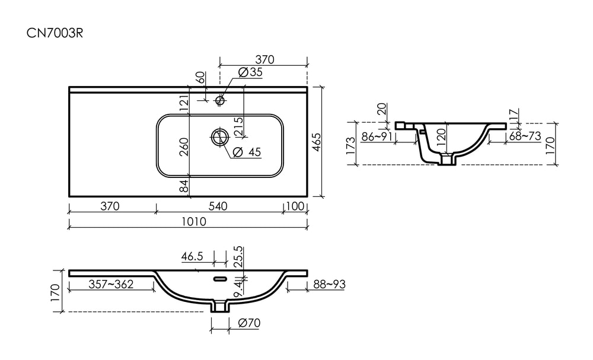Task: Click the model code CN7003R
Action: click(x=55, y=33)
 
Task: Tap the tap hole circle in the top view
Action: click(x=220, y=100)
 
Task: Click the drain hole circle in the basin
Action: click(x=220, y=137)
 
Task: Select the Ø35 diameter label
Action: click(x=250, y=72)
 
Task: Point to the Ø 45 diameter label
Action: click(x=247, y=152)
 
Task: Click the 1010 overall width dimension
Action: click(x=194, y=221)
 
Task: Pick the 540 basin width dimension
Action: click(x=218, y=206)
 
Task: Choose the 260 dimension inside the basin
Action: click(x=184, y=146)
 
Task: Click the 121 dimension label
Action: click(x=184, y=103)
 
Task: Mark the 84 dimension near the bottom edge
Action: click(x=184, y=186)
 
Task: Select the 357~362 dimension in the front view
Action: click(x=111, y=284)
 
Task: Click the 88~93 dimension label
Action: click(x=329, y=284)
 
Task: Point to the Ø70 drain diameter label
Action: click(x=250, y=323)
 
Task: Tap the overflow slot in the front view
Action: click(x=221, y=279)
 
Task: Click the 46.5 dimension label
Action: click(x=192, y=256)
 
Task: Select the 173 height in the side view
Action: click(x=350, y=145)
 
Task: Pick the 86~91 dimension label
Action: click(x=377, y=136)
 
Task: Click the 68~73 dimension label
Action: click(x=525, y=136)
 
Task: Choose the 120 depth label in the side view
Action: click(x=441, y=138)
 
